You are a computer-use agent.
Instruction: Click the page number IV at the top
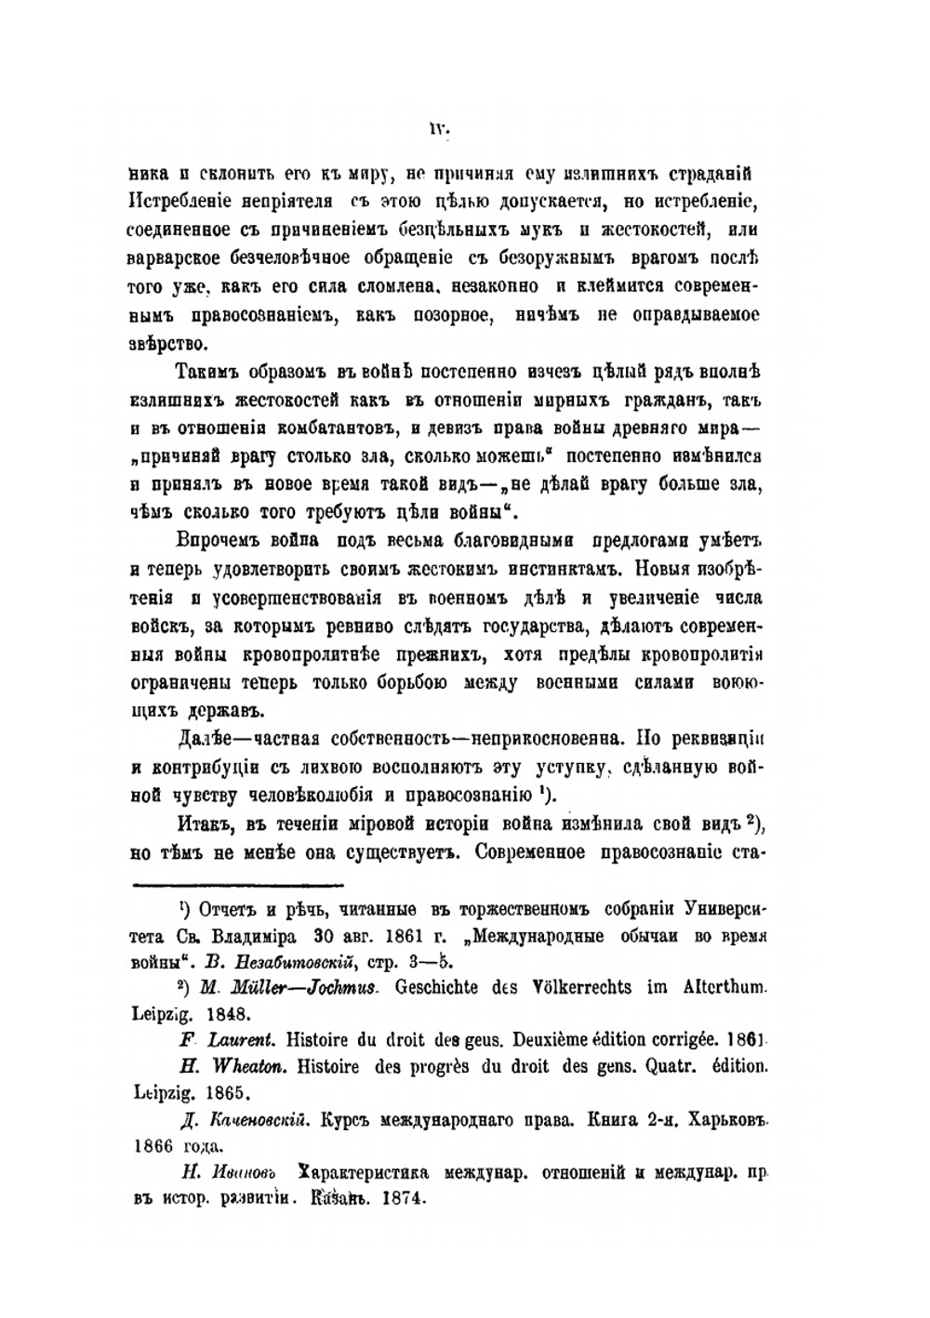tap(439, 131)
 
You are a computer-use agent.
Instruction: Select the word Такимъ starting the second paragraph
tap(207, 375)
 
